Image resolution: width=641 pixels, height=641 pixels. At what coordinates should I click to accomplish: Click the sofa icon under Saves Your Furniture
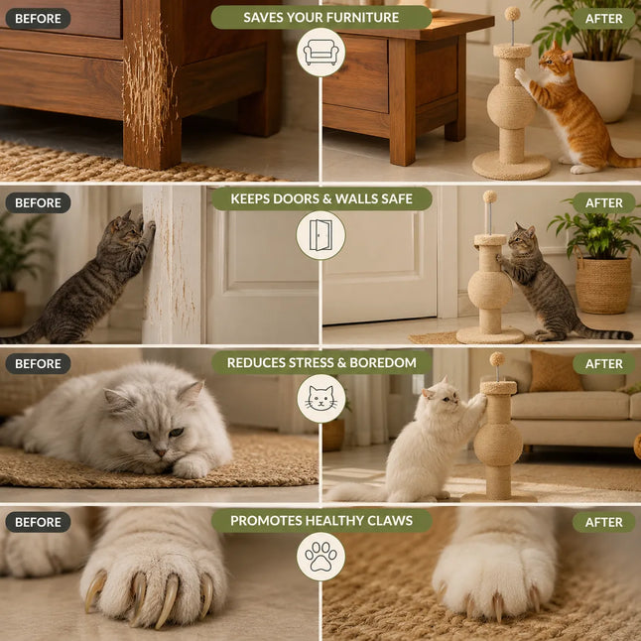[320, 53]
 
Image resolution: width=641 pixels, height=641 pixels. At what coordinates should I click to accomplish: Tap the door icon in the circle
[320, 235]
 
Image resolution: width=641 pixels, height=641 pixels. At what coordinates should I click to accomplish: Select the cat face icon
[320, 399]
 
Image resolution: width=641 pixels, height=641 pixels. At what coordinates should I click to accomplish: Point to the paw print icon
[320, 557]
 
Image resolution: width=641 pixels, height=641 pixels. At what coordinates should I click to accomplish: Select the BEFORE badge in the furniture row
[38, 19]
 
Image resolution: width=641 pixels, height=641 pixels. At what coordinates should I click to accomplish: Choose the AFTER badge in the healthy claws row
[604, 522]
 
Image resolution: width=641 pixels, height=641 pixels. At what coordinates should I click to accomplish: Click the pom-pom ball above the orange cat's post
[512, 14]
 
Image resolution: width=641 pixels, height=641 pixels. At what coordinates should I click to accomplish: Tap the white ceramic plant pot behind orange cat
[603, 86]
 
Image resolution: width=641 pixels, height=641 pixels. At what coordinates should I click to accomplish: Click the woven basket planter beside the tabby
[603, 284]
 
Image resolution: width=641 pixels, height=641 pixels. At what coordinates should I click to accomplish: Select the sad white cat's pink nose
[161, 452]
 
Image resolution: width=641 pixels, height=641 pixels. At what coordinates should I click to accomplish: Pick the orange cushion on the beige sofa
[555, 371]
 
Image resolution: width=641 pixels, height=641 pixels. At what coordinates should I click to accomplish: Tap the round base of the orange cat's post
[511, 165]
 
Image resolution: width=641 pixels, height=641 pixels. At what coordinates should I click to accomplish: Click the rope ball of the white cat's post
[498, 445]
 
